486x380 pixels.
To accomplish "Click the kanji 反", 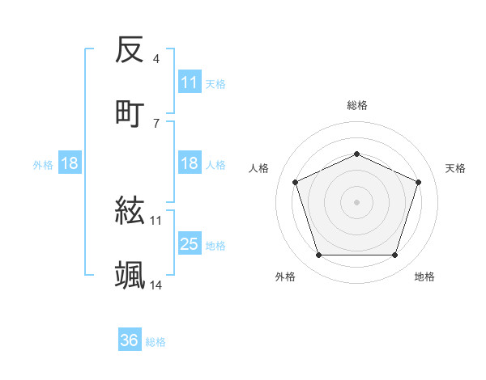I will pyautogui.click(x=130, y=52).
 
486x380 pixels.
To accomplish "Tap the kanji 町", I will pyautogui.click(x=130, y=113).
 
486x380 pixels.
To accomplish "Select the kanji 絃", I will pyautogui.click(x=130, y=213).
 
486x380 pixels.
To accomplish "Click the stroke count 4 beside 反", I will pyautogui.click(x=156, y=59).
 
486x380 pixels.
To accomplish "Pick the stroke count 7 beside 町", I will pyautogui.click(x=156, y=123).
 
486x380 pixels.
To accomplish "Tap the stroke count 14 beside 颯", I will pyautogui.click(x=156, y=285).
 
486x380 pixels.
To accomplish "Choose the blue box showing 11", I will pyautogui.click(x=190, y=82).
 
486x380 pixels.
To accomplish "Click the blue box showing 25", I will pyautogui.click(x=190, y=244).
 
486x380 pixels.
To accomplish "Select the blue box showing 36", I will pyautogui.click(x=130, y=341).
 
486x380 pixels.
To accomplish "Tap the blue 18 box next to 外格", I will pyautogui.click(x=70, y=164).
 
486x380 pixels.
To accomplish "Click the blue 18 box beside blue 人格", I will pyautogui.click(x=190, y=164).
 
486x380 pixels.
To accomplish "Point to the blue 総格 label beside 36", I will pyautogui.click(x=156, y=342).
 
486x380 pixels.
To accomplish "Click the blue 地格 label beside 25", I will pyautogui.click(x=215, y=245).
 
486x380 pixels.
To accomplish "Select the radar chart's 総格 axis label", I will pyautogui.click(x=357, y=105).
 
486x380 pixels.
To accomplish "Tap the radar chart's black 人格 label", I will pyautogui.click(x=259, y=168).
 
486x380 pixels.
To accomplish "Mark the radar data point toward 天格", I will pyautogui.click(x=419, y=182).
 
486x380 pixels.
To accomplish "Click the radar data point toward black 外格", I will pyautogui.click(x=318, y=255).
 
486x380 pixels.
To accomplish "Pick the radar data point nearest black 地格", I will pyautogui.click(x=395, y=255).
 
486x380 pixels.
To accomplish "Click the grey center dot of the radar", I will pyautogui.click(x=357, y=201).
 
